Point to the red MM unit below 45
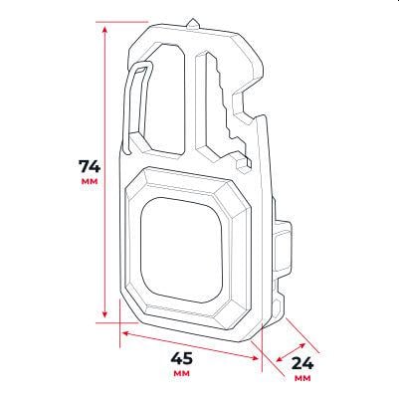181,375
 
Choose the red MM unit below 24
303,379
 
